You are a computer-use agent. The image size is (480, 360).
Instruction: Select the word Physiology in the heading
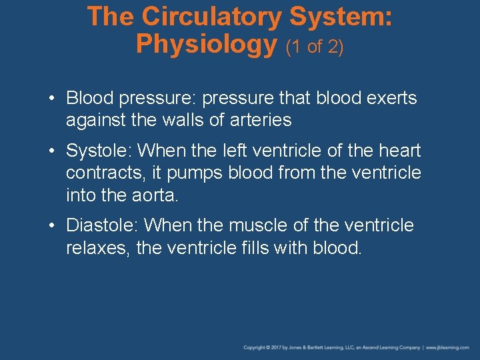(206, 44)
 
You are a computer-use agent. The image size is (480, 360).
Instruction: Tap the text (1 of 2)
(315, 47)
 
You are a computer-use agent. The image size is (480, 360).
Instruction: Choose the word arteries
(259, 120)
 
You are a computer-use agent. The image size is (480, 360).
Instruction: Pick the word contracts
(107, 173)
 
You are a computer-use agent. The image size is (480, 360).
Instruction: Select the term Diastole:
(103, 226)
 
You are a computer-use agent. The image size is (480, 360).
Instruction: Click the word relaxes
(97, 248)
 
